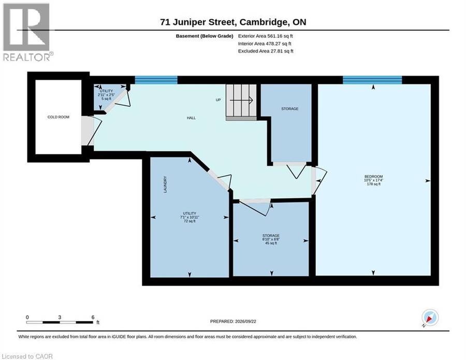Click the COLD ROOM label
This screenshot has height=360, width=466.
click(x=58, y=117)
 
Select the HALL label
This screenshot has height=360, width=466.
click(x=191, y=118)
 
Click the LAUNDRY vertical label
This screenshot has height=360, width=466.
click(x=165, y=184)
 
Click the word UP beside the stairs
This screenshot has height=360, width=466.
click(x=218, y=100)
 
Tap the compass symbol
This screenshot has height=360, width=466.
click(x=430, y=317)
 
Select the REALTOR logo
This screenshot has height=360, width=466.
click(x=27, y=32)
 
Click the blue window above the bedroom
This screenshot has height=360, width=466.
click(x=372, y=80)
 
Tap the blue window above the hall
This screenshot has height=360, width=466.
click(x=156, y=80)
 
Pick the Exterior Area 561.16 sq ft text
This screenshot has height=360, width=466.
click(x=266, y=36)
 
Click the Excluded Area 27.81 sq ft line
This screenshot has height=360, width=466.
click(x=266, y=51)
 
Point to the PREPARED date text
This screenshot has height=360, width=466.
click(x=233, y=321)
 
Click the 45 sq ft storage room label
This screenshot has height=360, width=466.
click(x=271, y=239)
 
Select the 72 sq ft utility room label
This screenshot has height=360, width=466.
click(x=190, y=218)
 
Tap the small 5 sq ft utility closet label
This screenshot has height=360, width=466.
click(x=106, y=95)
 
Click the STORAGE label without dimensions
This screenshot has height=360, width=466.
click(x=290, y=109)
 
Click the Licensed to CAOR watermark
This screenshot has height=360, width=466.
click(x=27, y=356)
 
